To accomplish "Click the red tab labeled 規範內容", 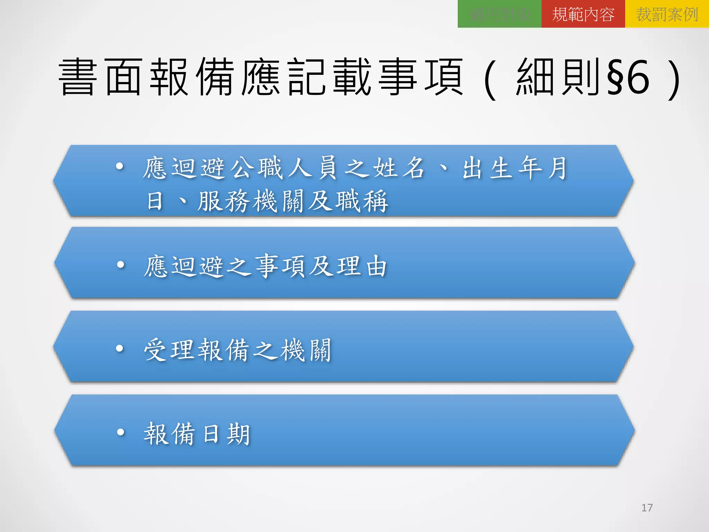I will point(583,14).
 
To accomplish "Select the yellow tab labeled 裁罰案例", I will point(667,14).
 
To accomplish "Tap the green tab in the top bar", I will point(499,14).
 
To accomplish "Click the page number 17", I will point(647,508).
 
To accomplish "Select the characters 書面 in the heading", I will point(100,77).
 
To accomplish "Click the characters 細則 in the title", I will point(557,77).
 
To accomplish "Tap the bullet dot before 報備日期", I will point(120,432).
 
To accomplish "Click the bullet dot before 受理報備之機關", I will point(120,348).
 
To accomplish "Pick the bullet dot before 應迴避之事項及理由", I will point(120,265).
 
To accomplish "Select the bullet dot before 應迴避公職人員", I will point(120,167).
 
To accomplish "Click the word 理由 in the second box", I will point(362,266).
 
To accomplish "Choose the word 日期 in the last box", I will point(226,434).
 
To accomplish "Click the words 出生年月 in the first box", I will point(514,168).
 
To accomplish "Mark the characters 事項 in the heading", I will point(421,77).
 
